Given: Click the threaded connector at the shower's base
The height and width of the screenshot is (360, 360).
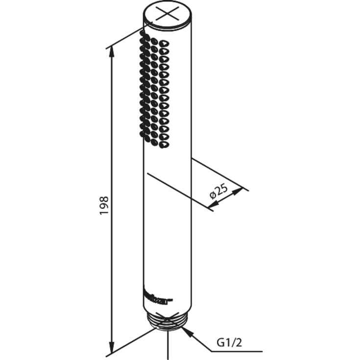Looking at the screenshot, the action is [x=168, y=323].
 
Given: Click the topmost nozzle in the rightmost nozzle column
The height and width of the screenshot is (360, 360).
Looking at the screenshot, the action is [x=163, y=43].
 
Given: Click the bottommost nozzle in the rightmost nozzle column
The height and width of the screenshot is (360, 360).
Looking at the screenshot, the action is [x=164, y=145].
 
